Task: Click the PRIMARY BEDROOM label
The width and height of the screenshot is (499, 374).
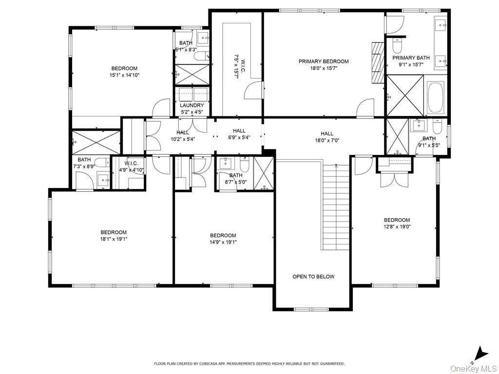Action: coord(324,61)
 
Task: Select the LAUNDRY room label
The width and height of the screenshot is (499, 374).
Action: coord(192,105)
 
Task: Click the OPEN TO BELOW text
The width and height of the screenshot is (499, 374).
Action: coord(313,277)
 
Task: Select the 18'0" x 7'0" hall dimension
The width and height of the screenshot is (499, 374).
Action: coord(327,140)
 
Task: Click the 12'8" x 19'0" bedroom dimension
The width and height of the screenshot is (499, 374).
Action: coord(397,226)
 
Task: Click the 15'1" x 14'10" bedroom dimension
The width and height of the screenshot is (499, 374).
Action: coord(125,75)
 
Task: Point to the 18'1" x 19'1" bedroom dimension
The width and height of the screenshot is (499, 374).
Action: coord(114,239)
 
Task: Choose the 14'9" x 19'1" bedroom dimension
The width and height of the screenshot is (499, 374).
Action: coord(223,242)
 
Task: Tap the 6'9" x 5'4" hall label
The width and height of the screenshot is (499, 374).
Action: coord(239,137)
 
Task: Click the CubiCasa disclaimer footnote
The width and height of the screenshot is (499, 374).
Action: coord(249,363)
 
